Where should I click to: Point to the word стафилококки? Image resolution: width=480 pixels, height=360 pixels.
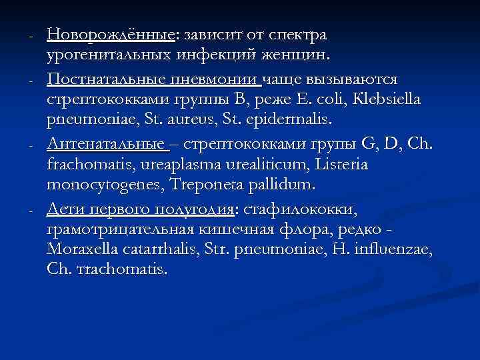point(301,211)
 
